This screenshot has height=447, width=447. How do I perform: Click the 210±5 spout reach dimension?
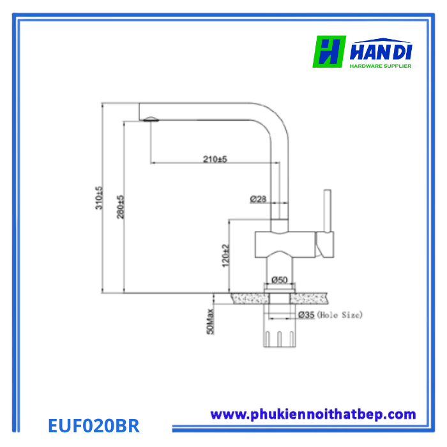(215, 159)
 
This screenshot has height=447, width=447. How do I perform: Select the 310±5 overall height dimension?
(99, 198)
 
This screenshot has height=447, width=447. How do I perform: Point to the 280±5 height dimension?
(120, 207)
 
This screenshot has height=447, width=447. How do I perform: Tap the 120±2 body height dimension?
(225, 255)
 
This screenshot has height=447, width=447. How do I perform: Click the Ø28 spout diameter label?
(258, 199)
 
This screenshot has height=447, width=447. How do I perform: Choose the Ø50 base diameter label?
(279, 280)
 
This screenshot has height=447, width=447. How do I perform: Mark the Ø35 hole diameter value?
(306, 315)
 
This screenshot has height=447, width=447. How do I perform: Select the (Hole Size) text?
(340, 315)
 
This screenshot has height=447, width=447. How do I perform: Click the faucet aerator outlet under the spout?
(150, 119)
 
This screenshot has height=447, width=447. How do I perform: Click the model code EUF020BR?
(94, 425)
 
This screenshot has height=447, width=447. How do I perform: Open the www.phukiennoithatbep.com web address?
(313, 414)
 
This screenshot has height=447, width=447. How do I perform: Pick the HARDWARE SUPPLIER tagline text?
(381, 65)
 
